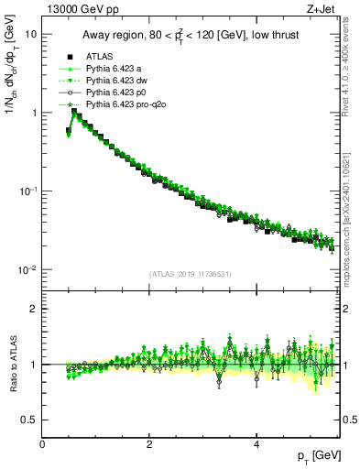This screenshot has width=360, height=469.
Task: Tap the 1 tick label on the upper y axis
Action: tap(34, 113)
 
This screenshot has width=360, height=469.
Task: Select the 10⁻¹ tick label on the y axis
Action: tap(28, 191)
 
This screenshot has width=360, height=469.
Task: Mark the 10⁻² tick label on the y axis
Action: tap(28, 269)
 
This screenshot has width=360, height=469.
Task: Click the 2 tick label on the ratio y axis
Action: tap(34, 309)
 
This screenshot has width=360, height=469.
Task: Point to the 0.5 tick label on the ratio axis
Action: tap(28, 420)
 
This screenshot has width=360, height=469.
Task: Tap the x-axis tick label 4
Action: tap(256, 444)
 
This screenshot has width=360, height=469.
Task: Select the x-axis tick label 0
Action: tap(42, 444)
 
